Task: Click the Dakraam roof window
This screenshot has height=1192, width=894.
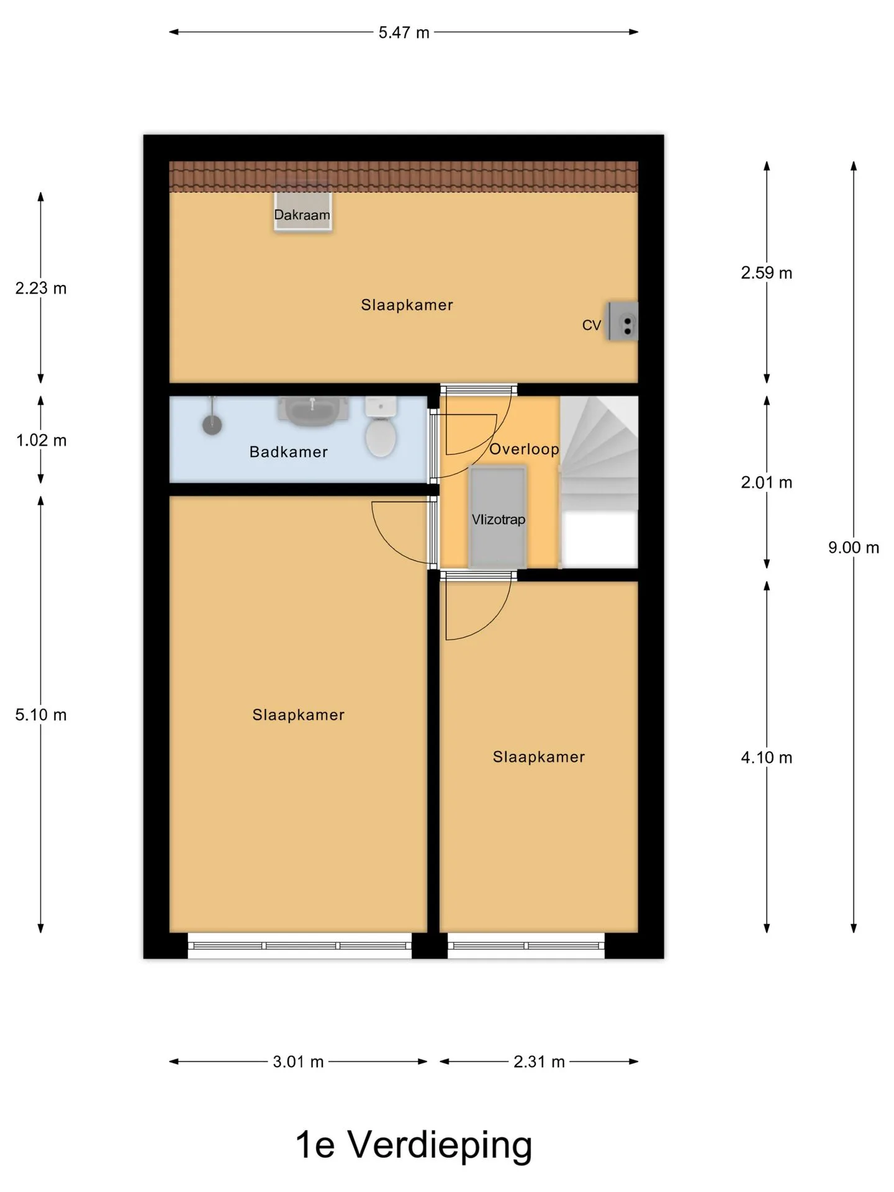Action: click(x=303, y=208)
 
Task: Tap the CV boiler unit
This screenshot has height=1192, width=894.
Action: click(x=623, y=321)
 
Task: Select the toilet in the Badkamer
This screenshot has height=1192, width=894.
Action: click(x=381, y=427)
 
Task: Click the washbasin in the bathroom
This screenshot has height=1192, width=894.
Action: click(x=313, y=410)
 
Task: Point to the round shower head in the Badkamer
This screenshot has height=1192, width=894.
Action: click(x=212, y=425)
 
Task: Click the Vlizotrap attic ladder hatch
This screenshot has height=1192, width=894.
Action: click(x=498, y=517)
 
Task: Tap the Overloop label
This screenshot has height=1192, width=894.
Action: click(x=524, y=449)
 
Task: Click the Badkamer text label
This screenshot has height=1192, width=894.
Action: click(x=289, y=452)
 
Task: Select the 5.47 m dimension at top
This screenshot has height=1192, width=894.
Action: click(x=404, y=32)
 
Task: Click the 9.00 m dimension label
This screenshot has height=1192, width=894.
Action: click(x=854, y=548)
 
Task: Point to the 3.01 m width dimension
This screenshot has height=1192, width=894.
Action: click(x=299, y=1062)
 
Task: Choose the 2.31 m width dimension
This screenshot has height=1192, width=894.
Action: click(x=539, y=1062)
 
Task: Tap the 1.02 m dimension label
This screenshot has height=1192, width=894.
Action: click(x=41, y=440)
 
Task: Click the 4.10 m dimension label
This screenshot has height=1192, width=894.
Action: click(x=767, y=757)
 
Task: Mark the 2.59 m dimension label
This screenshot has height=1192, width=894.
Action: click(x=767, y=273)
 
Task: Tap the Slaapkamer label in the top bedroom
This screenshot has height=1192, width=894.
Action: click(x=407, y=305)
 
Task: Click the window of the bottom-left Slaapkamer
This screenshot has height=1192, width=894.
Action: click(x=300, y=946)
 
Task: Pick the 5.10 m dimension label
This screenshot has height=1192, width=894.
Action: click(x=41, y=715)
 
